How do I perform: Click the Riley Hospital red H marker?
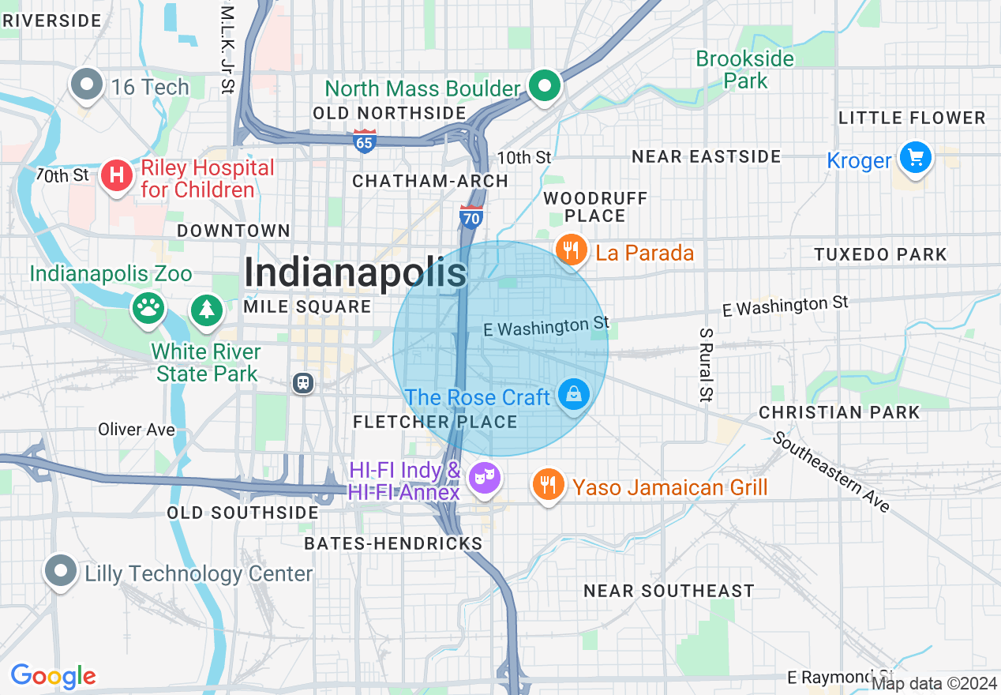point(117,175)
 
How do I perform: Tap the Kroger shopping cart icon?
point(916,158)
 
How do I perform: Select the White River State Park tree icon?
point(207,308)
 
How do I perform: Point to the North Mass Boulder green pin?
point(544,86)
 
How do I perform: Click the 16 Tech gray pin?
point(87,85)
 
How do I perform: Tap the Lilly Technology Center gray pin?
point(61,570)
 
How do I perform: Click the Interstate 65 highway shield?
point(365,140)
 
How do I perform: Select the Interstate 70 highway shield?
point(471,216)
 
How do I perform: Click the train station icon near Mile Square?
point(302,383)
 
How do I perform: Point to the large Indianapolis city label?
point(355,272)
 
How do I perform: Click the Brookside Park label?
point(744,69)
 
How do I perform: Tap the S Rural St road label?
point(706,365)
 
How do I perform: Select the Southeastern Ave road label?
point(830,471)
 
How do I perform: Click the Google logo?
point(53,676)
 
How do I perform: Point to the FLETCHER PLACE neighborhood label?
point(435,422)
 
